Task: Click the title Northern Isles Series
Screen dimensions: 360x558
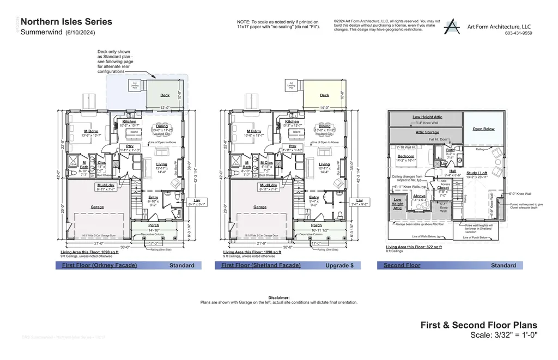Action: click(x=66, y=22)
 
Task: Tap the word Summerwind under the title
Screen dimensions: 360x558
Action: click(x=41, y=33)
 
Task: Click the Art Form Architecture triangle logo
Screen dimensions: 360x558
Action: click(x=452, y=27)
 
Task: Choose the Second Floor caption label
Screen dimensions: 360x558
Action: click(x=402, y=266)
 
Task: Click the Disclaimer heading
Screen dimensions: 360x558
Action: click(x=278, y=298)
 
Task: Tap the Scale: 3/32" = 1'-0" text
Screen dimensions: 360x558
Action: click(x=504, y=335)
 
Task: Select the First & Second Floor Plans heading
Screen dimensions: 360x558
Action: click(x=478, y=325)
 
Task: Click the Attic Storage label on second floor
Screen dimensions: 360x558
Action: click(x=427, y=132)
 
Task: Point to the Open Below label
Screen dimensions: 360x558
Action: click(x=483, y=129)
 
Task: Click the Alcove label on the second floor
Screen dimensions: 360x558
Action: click(x=419, y=196)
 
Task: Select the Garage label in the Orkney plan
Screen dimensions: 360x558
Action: click(x=98, y=207)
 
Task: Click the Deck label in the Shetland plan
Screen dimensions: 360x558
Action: click(x=324, y=95)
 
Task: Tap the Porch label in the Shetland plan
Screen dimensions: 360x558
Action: click(x=316, y=225)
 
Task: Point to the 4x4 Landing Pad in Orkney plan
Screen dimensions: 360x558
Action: click(x=135, y=86)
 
